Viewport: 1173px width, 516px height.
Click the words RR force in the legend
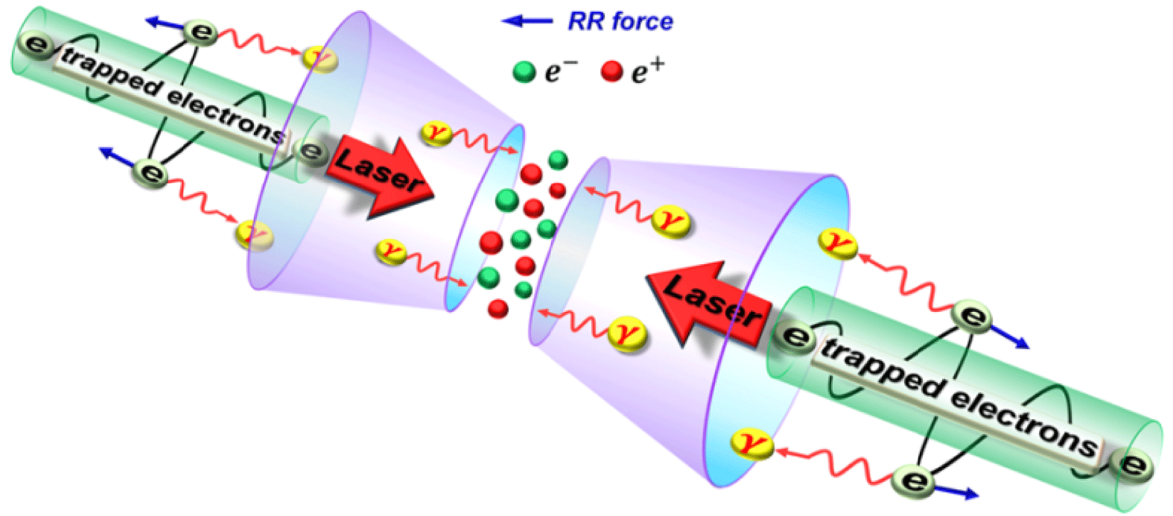point(620,22)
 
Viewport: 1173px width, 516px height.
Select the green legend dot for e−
point(524,72)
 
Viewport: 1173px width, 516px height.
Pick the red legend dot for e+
point(612,72)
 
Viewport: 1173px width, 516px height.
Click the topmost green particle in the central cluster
point(558,159)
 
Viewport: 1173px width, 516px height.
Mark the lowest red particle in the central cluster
point(498,308)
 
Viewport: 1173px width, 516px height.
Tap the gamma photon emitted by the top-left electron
point(320,59)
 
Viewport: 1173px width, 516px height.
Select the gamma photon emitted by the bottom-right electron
point(752,444)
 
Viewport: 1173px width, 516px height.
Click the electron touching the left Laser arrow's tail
point(311,151)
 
